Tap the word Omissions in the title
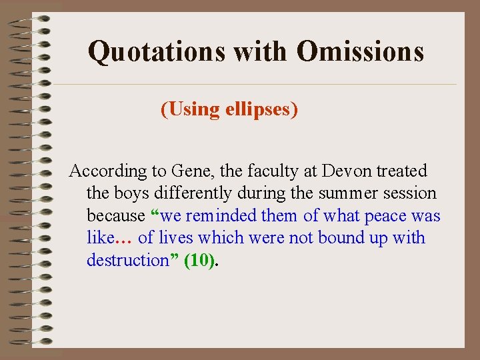coord(360,51)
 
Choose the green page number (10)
coord(200,261)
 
